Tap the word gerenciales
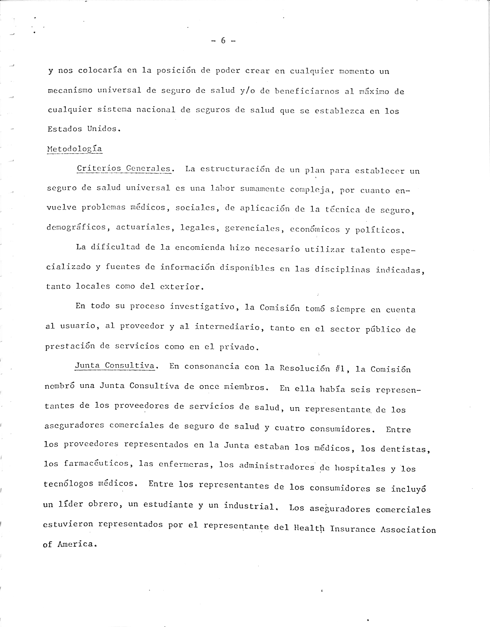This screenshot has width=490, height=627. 253,229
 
